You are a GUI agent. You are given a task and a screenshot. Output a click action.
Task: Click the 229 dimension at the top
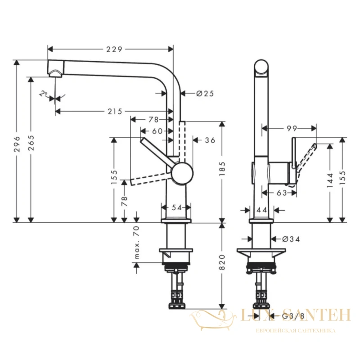coord(114,49)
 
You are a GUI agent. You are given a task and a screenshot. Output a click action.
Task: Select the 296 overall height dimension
coord(17,144)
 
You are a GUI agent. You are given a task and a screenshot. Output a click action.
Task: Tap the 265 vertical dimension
coord(31,143)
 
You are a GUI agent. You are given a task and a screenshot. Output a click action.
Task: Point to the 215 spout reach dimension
coord(115,112)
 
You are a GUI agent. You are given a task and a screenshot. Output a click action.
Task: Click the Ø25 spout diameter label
coord(205,94)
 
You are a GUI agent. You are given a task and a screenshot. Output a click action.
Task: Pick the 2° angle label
coord(43,94)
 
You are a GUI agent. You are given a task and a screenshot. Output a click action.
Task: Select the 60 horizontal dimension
coord(157,131)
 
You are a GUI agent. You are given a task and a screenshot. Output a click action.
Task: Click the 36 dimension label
coord(210,140)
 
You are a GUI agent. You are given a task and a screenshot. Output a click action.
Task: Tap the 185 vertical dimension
coord(222,169)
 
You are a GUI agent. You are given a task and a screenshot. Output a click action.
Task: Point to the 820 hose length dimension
coord(222,262)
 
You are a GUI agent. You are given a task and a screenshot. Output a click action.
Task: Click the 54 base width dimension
coord(177,207)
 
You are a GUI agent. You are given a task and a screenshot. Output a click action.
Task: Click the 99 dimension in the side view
coord(292,129)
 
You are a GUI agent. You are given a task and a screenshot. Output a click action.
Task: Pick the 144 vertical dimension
coord(330,180)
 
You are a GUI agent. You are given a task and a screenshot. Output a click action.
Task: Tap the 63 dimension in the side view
coord(282,193)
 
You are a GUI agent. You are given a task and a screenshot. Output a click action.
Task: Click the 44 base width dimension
coord(262,210)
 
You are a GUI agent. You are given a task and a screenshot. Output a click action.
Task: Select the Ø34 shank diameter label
coord(291,239)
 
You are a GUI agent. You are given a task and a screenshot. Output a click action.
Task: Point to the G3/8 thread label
coord(293,316)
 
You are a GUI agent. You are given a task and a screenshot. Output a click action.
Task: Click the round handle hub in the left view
coord(182,173)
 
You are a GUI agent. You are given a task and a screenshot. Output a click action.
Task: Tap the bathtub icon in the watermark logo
coord(213,320)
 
